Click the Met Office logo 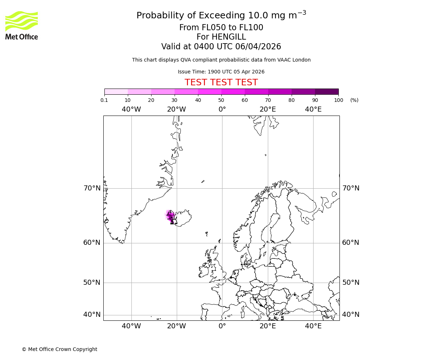22,25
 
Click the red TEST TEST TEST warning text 221,82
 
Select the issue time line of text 221,72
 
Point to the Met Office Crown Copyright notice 59,349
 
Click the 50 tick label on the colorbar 221,100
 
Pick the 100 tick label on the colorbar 338,100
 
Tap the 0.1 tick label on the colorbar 104,100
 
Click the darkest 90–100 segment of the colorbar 327,91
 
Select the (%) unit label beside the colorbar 354,100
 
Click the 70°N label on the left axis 92,188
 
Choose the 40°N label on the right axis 351,315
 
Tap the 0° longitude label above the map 222,109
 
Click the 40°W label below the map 131,326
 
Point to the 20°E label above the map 267,109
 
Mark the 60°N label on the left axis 92,243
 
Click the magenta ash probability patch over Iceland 170,216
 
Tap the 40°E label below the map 313,326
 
